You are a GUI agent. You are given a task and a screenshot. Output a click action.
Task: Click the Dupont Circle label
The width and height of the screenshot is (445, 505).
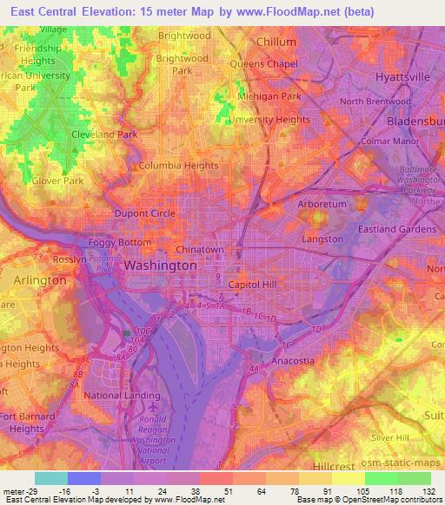click(x=145, y=213)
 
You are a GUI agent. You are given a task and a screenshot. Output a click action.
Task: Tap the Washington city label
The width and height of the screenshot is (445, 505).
click(x=161, y=266)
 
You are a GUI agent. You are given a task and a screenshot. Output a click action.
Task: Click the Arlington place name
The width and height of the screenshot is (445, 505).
click(x=40, y=281)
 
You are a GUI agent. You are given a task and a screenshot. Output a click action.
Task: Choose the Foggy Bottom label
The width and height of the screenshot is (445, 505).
click(x=120, y=243)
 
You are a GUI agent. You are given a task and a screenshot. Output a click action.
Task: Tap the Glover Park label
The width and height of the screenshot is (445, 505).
click(x=57, y=181)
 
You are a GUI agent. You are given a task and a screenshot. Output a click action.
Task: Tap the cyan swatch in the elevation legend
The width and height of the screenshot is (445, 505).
click(x=50, y=478)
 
